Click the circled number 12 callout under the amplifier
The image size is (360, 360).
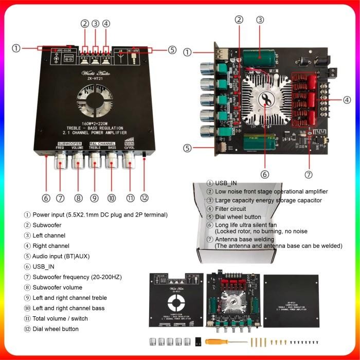(145, 198)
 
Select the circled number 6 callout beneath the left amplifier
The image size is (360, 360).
(46, 198)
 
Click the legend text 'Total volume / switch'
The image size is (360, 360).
(60, 318)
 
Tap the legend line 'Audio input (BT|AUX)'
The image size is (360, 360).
(61, 256)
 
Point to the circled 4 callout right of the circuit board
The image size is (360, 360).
(347, 100)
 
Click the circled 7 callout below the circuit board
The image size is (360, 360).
(309, 174)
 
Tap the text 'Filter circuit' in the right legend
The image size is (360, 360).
(230, 209)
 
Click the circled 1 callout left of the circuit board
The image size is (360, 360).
(188, 52)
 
